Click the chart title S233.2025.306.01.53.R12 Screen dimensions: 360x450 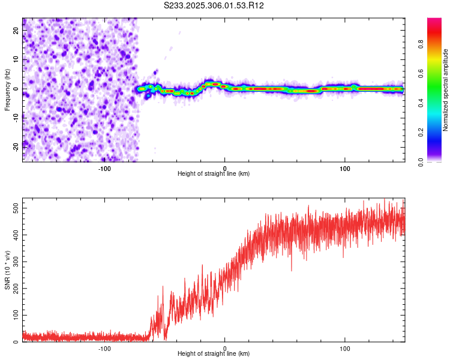pos(214,5)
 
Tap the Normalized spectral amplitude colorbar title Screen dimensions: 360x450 pos(445,90)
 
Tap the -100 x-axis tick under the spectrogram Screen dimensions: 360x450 pos(104,167)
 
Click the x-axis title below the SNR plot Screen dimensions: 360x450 pos(214,355)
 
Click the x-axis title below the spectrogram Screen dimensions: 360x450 pos(214,174)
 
